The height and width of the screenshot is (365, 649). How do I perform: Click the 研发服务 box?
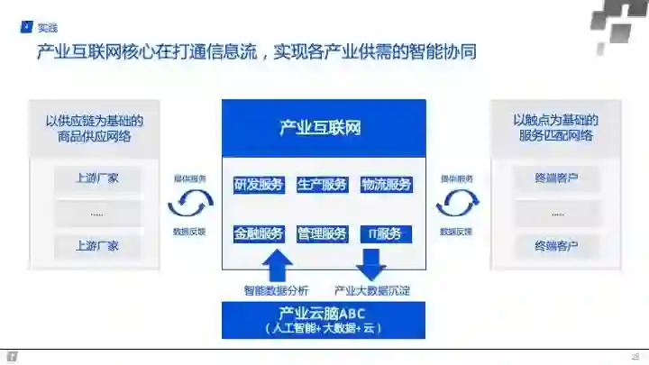click(x=259, y=185)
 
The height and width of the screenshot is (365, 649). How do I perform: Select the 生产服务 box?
click(x=322, y=185)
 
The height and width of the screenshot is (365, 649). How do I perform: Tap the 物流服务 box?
click(x=386, y=185)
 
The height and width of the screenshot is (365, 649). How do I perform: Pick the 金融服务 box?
click(x=259, y=233)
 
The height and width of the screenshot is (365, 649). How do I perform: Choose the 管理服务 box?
click(x=322, y=233)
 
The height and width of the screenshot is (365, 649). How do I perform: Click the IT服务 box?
click(x=385, y=233)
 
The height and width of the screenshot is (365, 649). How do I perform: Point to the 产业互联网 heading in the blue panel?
click(x=321, y=128)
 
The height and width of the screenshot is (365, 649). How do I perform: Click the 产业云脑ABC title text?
click(x=323, y=314)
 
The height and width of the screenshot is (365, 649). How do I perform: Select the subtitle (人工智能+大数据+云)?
click(x=323, y=328)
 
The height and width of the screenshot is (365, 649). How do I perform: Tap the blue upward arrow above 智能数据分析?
click(x=276, y=264)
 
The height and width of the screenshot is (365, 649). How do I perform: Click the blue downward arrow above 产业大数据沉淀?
click(x=370, y=264)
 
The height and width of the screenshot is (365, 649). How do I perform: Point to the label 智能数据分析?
click(x=276, y=290)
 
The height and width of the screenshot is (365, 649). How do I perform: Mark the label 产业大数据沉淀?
click(x=371, y=290)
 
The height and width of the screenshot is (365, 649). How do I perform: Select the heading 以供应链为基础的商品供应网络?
click(x=99, y=128)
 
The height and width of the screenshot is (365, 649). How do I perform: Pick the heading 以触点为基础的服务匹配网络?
click(x=554, y=128)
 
